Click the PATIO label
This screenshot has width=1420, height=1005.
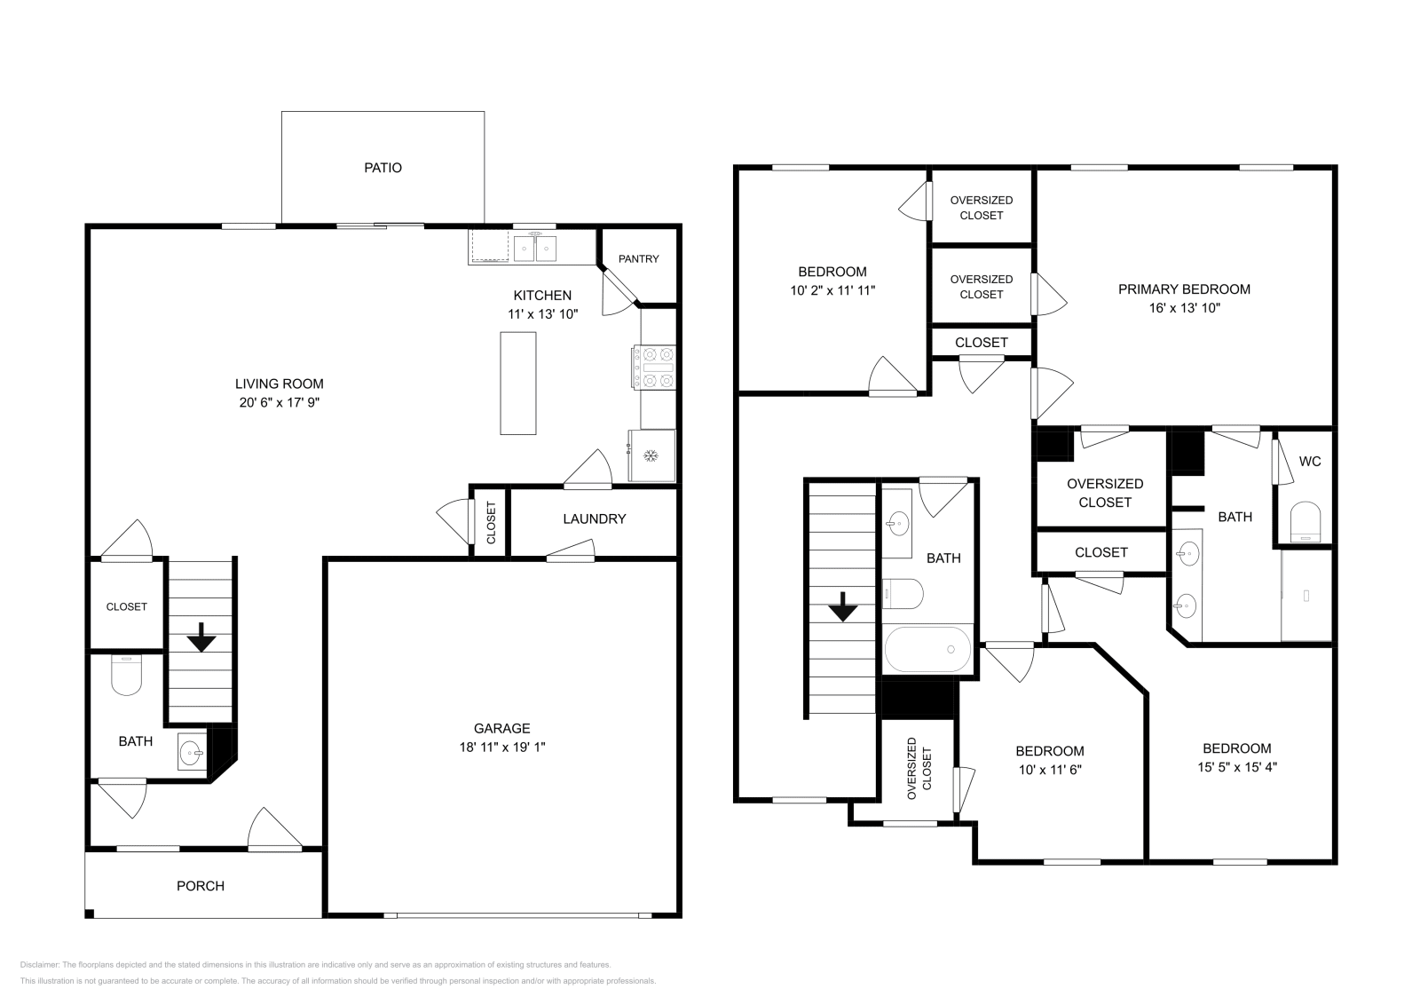tap(383, 168)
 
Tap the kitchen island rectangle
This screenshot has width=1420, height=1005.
tap(518, 383)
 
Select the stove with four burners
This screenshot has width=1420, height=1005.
tap(654, 368)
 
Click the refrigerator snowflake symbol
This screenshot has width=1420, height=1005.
tap(651, 455)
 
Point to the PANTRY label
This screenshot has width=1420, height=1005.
tap(639, 259)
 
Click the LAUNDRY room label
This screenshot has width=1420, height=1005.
tap(594, 519)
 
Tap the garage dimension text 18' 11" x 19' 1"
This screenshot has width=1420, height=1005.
tap(502, 748)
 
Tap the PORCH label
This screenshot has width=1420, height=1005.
tap(201, 886)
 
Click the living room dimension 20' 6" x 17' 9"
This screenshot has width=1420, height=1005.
tap(279, 402)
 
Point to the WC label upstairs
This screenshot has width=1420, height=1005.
tap(1310, 462)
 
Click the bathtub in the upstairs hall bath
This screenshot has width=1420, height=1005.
tap(927, 649)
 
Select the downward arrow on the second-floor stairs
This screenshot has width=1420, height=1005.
tap(842, 609)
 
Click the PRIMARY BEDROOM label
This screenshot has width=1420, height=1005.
tap(1184, 289)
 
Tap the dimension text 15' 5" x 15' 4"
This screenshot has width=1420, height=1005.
tap(1236, 767)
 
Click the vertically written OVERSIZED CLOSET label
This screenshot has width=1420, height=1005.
tap(919, 763)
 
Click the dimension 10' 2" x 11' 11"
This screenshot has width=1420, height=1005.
tap(832, 290)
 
